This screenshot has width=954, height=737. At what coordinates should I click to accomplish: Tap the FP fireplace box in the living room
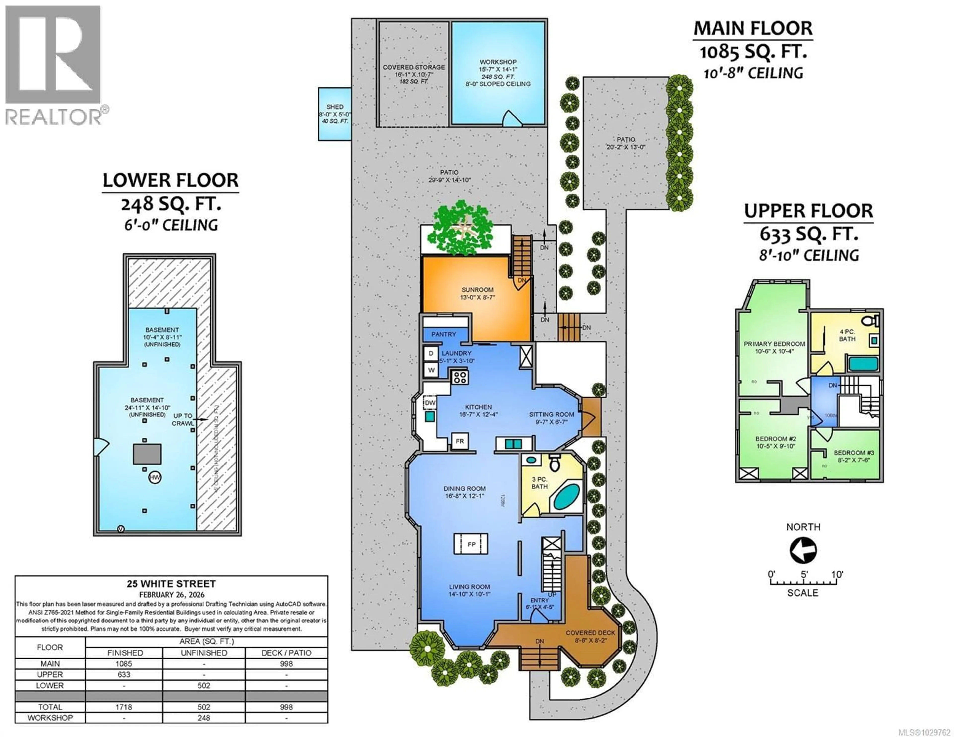(471, 544)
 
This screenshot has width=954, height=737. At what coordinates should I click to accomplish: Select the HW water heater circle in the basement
(155, 477)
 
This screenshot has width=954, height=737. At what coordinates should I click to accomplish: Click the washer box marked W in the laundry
(431, 370)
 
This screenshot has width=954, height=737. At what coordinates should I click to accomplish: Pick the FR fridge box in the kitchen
(460, 441)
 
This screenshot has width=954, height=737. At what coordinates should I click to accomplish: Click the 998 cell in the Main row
(286, 664)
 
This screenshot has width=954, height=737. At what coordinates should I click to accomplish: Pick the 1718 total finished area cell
(124, 707)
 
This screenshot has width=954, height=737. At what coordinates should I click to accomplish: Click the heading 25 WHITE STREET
(171, 584)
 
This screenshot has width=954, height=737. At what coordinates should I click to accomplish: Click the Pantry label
(443, 334)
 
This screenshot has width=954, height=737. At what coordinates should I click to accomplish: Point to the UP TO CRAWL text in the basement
(182, 419)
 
